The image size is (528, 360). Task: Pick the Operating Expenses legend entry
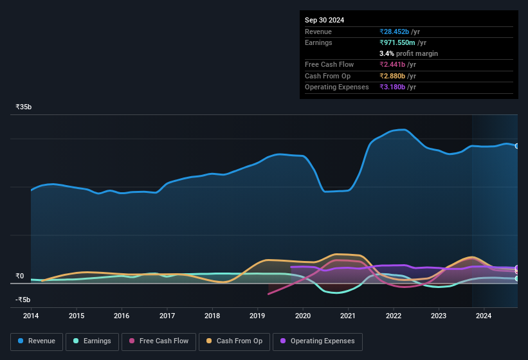tap(318, 341)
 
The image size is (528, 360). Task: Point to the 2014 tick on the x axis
tap(31, 316)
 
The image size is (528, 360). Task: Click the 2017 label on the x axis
tap(167, 316)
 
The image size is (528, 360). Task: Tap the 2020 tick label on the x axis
tap(303, 316)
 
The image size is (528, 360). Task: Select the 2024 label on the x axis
tap(484, 316)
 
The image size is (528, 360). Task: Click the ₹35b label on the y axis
tap(24, 107)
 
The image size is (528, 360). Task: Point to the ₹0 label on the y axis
tap(20, 276)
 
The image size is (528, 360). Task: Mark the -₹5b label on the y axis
tap(23, 300)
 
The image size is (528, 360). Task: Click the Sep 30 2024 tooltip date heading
tap(325, 20)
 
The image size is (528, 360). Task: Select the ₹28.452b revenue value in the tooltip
tap(400, 32)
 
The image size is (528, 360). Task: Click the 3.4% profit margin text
tap(409, 53)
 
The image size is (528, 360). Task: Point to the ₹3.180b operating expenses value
tap(398, 87)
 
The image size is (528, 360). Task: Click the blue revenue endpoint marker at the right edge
tap(516, 146)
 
